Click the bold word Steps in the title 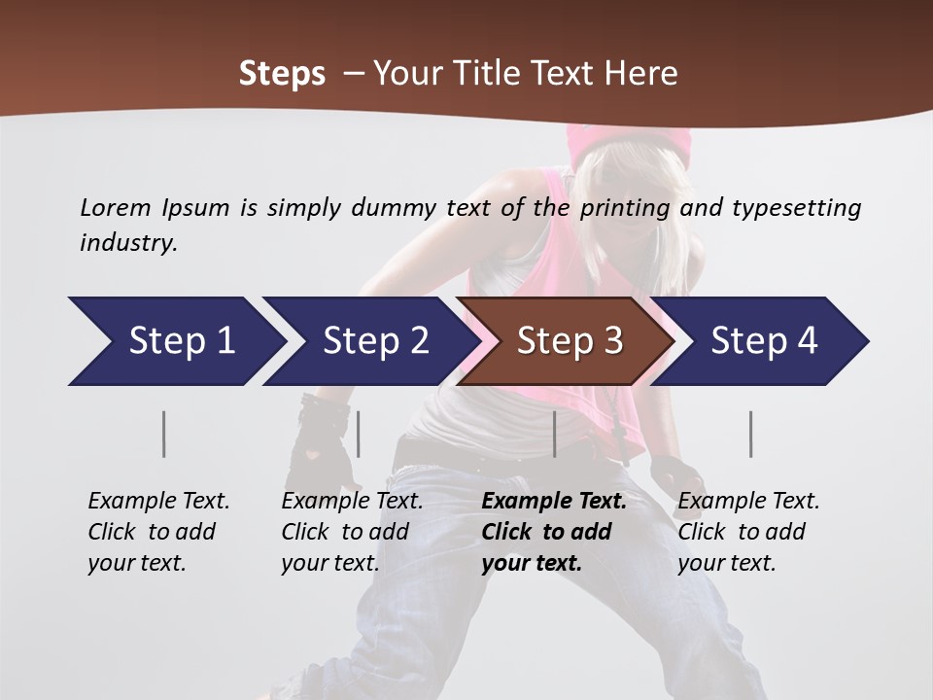tap(282, 74)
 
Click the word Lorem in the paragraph tap(116, 207)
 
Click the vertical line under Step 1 tap(164, 434)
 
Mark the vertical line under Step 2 tap(359, 434)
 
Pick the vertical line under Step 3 tap(554, 434)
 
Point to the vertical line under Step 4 tap(750, 434)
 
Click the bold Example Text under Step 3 tap(554, 502)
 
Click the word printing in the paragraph tap(625, 208)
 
